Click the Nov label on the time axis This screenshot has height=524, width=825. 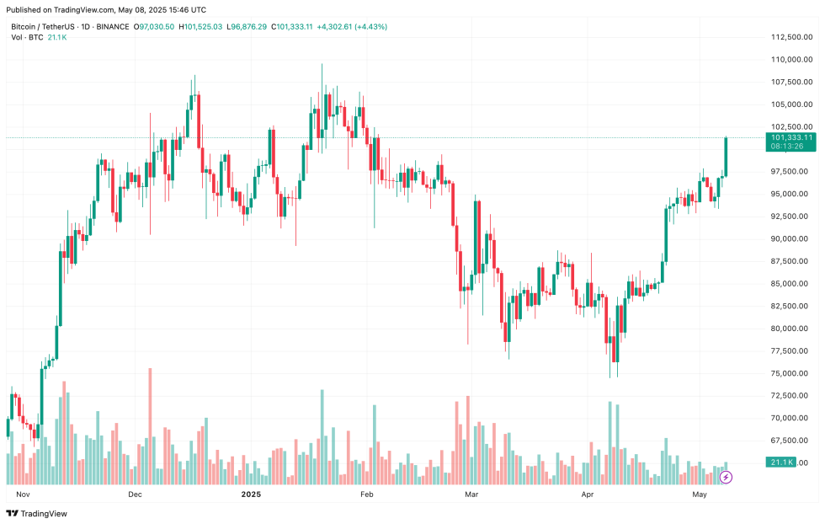point(23,495)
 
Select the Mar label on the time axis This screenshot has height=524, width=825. point(471,495)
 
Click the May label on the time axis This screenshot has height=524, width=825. point(699,495)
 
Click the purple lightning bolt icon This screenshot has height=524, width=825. point(726,477)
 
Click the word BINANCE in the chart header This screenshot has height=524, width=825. point(112,27)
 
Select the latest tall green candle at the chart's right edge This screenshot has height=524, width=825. point(726,156)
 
